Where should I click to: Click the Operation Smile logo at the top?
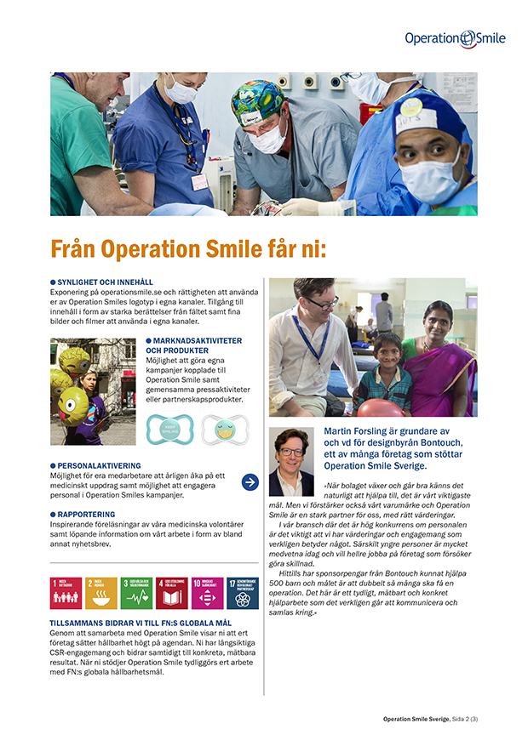click(x=455, y=37)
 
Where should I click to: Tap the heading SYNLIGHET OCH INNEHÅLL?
click(x=105, y=282)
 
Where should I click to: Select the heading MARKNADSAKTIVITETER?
click(x=193, y=341)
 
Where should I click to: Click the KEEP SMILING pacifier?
click(x=170, y=429)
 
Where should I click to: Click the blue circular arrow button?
click(x=250, y=482)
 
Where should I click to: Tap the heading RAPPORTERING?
click(x=88, y=514)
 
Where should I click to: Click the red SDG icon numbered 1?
click(x=66, y=593)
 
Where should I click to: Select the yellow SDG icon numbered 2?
click(x=101, y=593)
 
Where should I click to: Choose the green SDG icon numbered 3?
click(x=136, y=593)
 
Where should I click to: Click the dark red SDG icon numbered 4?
click(x=171, y=593)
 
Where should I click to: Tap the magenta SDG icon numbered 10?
click(x=207, y=593)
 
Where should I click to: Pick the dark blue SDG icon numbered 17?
click(x=242, y=593)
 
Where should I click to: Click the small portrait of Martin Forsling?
click(x=292, y=461)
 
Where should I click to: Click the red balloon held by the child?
click(x=381, y=408)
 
